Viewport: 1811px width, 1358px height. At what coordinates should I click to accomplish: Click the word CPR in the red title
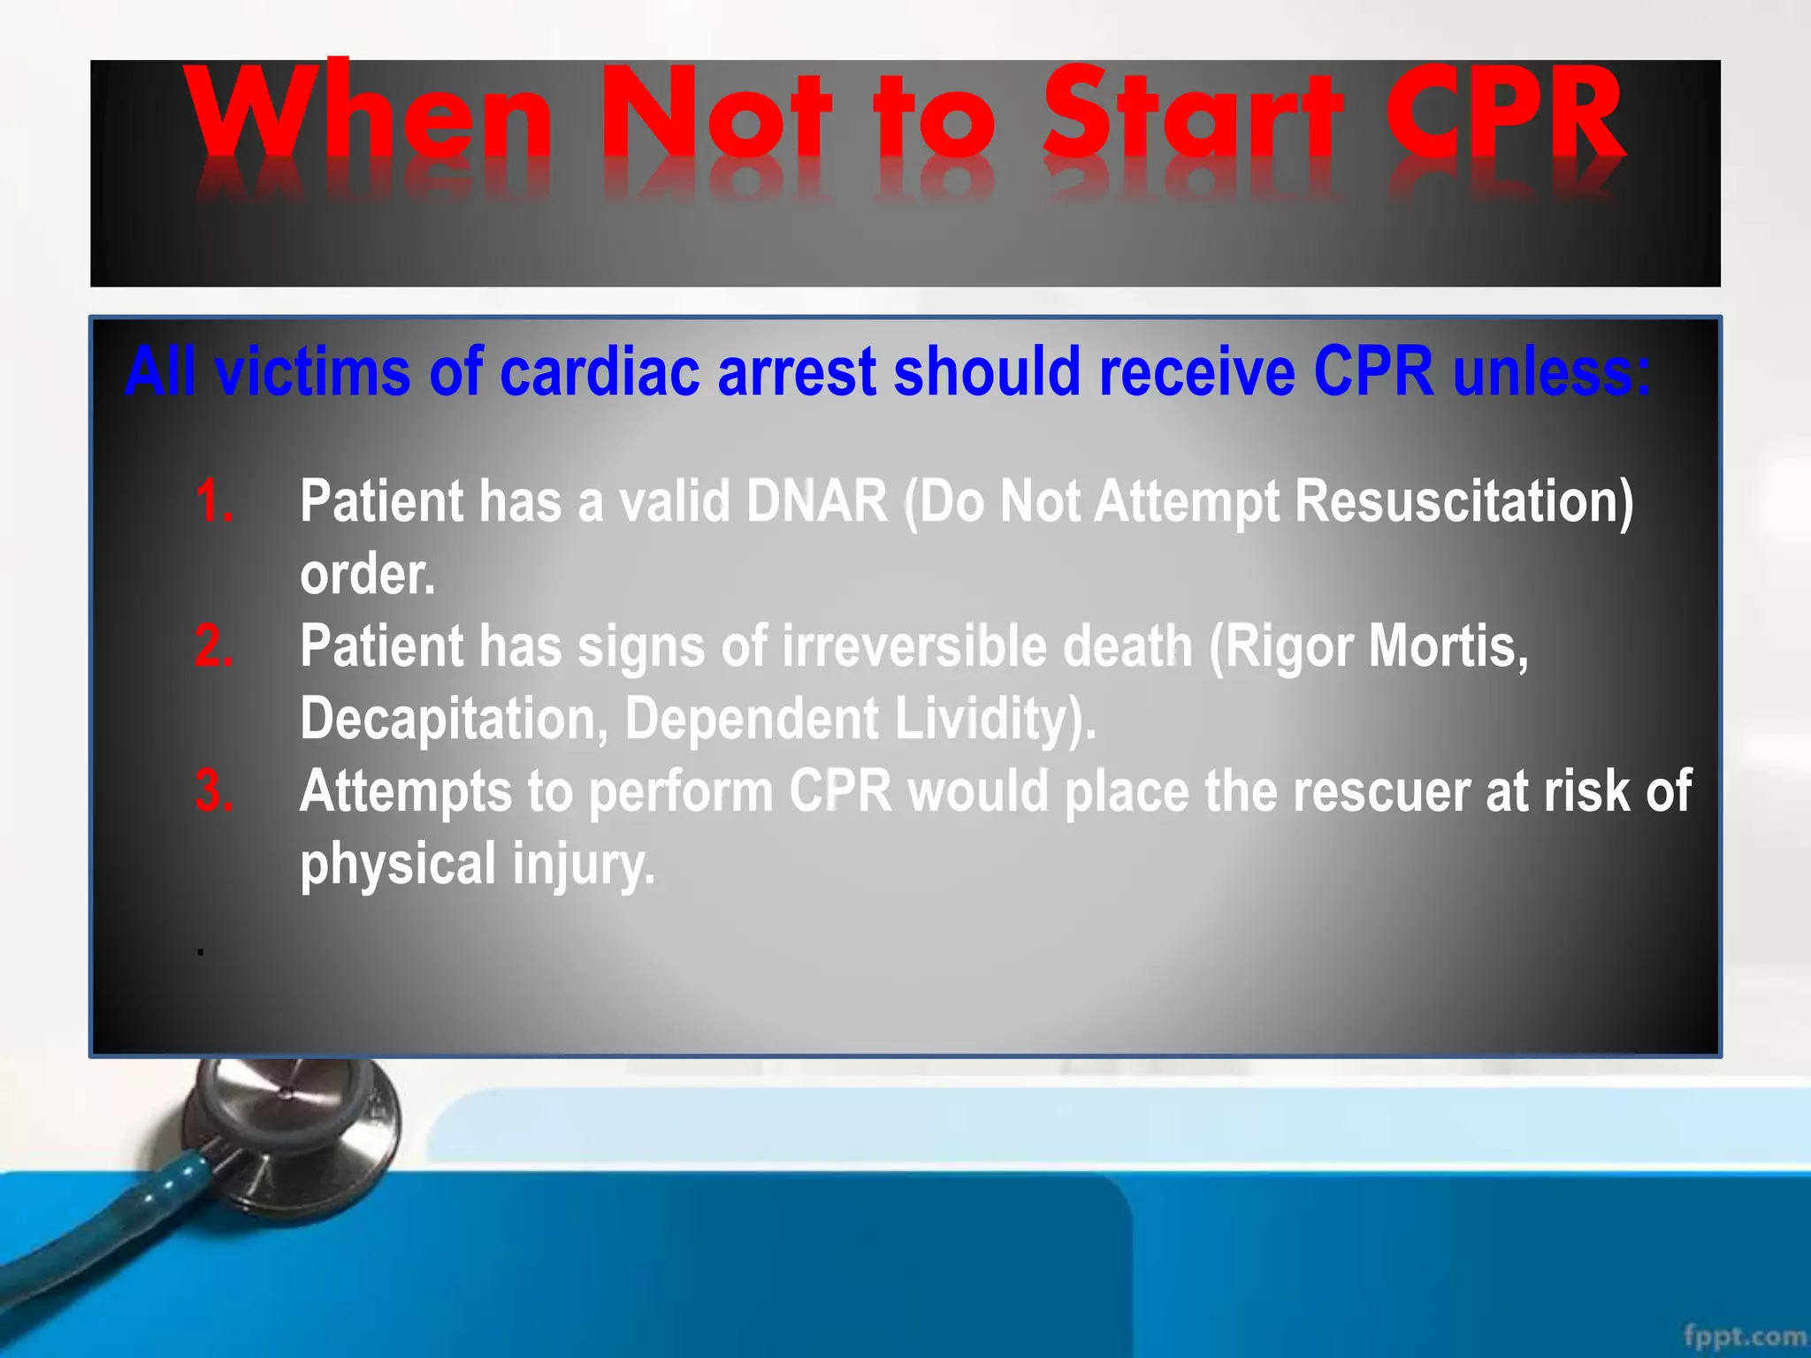pyautogui.click(x=1503, y=115)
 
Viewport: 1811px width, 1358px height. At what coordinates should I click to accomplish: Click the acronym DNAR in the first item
pyautogui.click(x=816, y=501)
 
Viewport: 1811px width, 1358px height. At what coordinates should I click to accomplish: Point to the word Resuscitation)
pyautogui.click(x=1463, y=501)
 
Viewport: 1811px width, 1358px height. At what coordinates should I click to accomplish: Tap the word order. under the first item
pyautogui.click(x=368, y=575)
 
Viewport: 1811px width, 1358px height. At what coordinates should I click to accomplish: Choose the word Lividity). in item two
pyautogui.click(x=995, y=718)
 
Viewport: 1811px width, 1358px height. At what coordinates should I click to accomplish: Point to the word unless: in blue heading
pyautogui.click(x=1552, y=371)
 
